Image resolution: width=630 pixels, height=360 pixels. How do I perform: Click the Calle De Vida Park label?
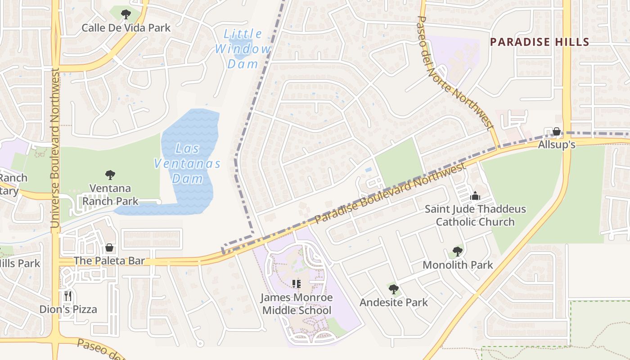126,28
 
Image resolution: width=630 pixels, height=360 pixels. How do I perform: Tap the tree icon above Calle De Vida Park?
126,14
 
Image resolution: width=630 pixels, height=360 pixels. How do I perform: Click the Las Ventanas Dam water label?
187,163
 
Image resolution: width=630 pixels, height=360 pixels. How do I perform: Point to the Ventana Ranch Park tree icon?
110,175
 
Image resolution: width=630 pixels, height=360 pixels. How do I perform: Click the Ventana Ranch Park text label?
110,194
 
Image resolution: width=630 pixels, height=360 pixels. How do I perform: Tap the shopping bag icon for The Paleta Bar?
109,247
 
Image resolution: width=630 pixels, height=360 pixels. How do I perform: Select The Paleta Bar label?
109,261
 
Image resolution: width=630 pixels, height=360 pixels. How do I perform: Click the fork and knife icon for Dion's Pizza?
68,296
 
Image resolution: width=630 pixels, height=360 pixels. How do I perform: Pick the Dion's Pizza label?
68,309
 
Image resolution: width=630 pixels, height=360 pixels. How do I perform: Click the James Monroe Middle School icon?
296,283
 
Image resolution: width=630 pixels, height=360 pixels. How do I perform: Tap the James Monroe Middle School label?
297,304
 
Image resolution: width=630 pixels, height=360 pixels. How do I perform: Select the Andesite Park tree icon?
394,289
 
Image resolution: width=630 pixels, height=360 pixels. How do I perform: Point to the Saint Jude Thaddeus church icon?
475,196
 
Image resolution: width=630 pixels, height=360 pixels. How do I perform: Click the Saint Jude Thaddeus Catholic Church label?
475,216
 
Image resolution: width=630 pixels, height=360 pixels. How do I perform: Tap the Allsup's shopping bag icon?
557,131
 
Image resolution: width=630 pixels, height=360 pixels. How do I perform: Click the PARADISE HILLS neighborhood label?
540,42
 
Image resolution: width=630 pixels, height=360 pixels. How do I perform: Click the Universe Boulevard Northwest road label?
55,148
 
